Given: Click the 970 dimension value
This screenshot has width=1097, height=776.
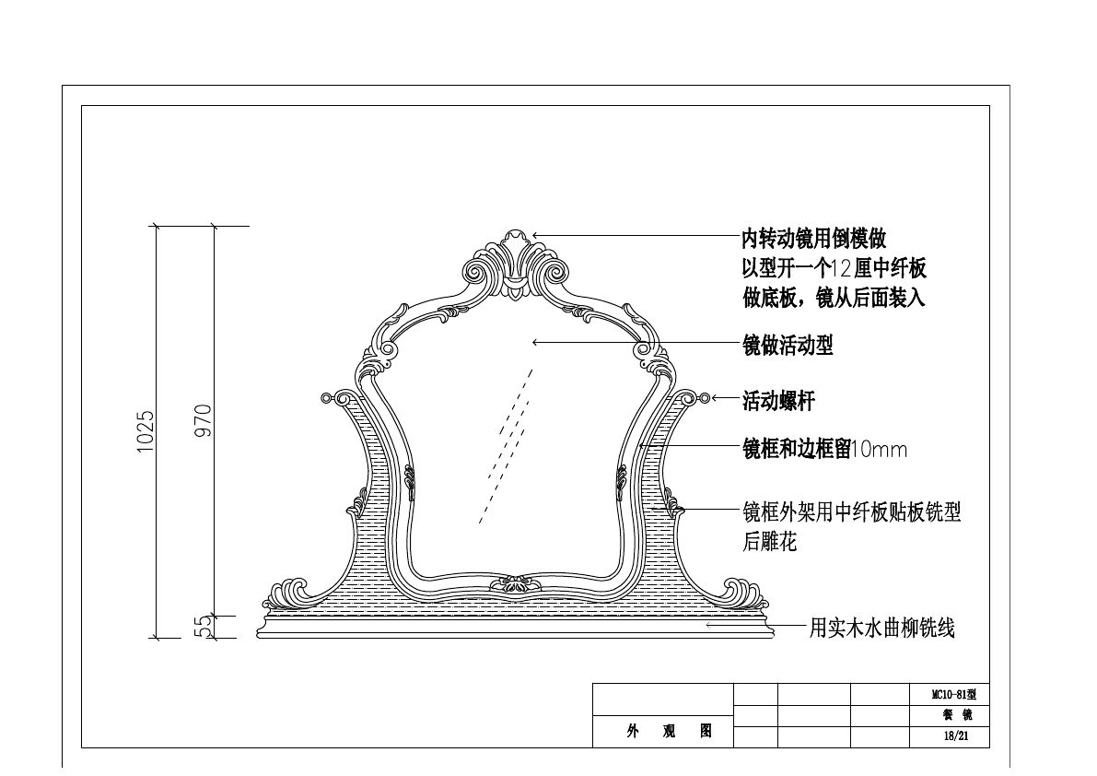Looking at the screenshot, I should coord(204,420).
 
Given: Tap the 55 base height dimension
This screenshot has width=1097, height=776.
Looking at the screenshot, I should coord(204,627).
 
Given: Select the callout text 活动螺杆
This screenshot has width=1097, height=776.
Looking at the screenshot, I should coord(778,402).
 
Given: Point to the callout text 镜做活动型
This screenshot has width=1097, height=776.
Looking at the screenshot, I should coord(788,345).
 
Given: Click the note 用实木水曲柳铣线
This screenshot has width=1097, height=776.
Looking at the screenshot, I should coord(881,629).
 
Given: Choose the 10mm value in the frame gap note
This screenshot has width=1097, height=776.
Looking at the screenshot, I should coord(879,450).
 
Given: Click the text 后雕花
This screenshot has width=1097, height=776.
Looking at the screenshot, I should coord(769,542).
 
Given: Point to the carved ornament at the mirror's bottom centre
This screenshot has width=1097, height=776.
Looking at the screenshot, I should coord(516,585).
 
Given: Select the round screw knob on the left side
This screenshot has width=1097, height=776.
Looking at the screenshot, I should coord(326,398).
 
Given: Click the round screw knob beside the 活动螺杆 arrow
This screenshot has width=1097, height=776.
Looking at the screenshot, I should coord(705,398).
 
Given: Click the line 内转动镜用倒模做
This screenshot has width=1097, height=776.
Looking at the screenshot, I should coord(813,240).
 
